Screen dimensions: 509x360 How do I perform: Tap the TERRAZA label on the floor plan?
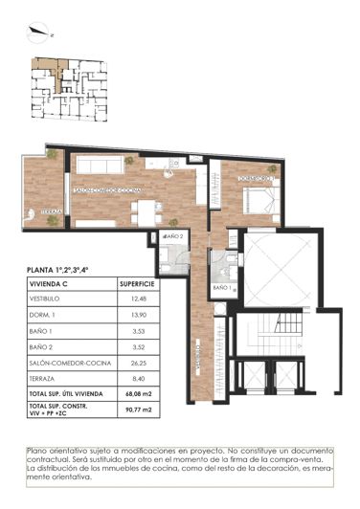(52, 211)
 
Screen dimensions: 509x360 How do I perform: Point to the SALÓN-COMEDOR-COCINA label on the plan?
(106, 190)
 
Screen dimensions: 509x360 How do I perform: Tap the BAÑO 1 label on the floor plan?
(221, 287)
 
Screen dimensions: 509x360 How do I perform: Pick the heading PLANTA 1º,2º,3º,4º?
(71, 270)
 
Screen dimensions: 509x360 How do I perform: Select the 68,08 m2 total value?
(139, 394)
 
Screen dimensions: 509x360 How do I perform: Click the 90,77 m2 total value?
(139, 411)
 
